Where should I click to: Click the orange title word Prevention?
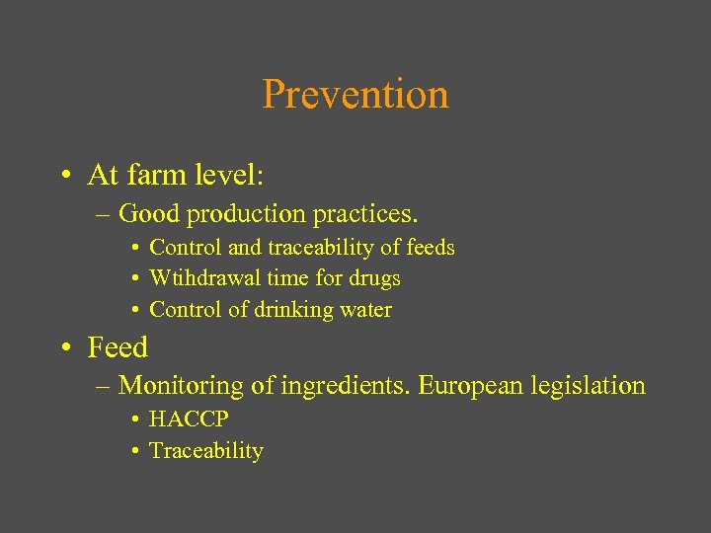pyautogui.click(x=355, y=95)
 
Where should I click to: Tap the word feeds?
pyautogui.click(x=432, y=248)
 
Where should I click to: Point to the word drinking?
pyautogui.click(x=294, y=310)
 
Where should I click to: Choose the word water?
pyautogui.click(x=366, y=310)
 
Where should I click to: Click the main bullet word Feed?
pyautogui.click(x=118, y=347)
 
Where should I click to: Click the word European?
pyautogui.click(x=469, y=386)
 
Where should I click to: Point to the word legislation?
pyautogui.click(x=587, y=386)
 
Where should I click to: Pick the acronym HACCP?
pyautogui.click(x=189, y=419)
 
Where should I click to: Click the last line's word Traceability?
pyautogui.click(x=206, y=451)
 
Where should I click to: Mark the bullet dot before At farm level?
pyautogui.click(x=63, y=177)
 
